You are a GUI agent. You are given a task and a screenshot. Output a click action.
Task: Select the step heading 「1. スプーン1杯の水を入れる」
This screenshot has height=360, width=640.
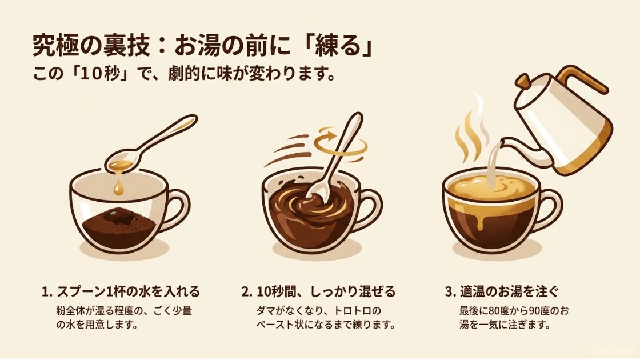pyautogui.click(x=121, y=291)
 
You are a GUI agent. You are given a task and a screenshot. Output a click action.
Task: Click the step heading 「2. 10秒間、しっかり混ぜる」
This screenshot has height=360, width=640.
pyautogui.click(x=319, y=291)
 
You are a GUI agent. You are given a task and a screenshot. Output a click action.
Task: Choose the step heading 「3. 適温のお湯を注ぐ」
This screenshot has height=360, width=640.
pyautogui.click(x=502, y=291)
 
